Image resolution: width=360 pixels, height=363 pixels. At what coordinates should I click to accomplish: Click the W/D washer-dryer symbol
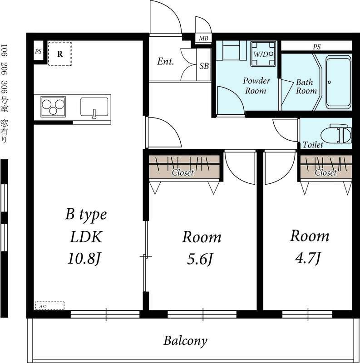tap(263, 54)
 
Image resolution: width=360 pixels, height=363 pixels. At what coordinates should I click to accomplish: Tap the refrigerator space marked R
tap(60, 54)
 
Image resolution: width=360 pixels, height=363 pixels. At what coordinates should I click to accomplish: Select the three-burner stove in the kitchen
tap(53, 107)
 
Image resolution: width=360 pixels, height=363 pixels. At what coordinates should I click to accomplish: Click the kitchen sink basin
tap(94, 108)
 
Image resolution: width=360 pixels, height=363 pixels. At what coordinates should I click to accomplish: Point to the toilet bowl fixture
tap(336, 135)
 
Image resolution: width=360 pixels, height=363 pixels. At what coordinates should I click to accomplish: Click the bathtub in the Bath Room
tap(339, 83)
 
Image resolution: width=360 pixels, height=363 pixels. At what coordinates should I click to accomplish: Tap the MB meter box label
tap(203, 38)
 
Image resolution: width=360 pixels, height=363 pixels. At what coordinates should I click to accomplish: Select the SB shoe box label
tap(204, 66)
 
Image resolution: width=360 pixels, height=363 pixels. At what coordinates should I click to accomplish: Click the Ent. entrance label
tap(165, 61)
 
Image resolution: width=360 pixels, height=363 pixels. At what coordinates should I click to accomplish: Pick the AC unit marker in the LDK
tap(49, 306)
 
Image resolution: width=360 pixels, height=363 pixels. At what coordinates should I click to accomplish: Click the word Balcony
tap(185, 341)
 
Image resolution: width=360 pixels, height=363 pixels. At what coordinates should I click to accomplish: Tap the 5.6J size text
tap(200, 259)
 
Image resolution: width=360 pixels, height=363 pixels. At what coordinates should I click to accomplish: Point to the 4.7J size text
tap(308, 258)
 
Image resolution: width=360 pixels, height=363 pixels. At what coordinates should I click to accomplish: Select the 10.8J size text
tap(84, 258)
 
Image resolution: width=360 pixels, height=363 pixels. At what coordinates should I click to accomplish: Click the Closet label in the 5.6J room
tap(183, 173)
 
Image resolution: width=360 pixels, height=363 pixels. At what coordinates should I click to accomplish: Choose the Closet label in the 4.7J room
tap(325, 173)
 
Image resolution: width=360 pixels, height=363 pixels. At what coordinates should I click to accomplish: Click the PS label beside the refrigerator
tap(38, 51)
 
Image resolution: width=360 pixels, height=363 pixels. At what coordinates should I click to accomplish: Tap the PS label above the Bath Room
tap(317, 47)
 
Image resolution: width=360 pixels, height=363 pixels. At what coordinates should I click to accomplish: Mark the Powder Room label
tap(256, 86)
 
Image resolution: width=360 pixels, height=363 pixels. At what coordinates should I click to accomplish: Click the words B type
tap(86, 215)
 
